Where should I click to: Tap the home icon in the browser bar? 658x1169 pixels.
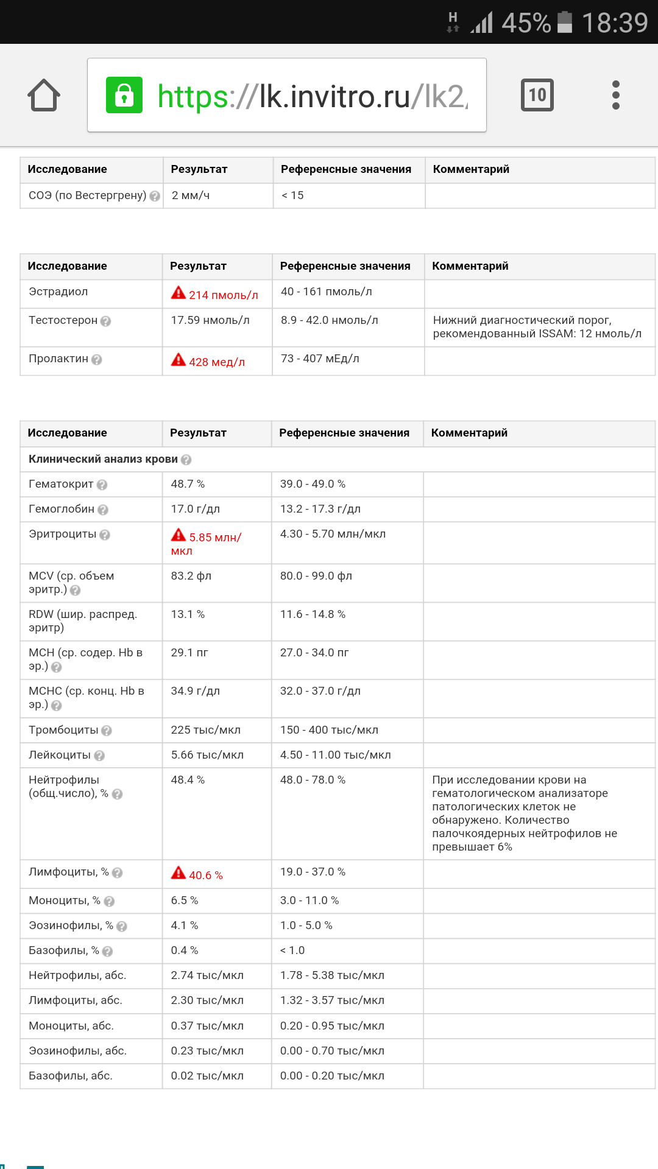(x=44, y=96)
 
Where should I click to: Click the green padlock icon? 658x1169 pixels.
(x=124, y=95)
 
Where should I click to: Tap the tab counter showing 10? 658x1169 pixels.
(x=537, y=95)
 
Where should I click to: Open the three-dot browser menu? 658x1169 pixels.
(x=615, y=95)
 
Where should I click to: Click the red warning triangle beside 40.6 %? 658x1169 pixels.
(x=179, y=873)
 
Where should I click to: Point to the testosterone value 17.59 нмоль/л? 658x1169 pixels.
(x=210, y=320)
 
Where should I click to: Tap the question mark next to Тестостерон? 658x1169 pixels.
(x=106, y=321)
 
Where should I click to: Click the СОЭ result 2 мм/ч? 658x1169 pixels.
(x=190, y=195)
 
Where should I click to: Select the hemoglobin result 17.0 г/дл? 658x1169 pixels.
(x=195, y=509)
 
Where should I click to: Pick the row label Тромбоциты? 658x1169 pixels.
(x=63, y=730)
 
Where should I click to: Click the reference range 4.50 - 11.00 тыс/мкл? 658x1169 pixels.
(x=335, y=755)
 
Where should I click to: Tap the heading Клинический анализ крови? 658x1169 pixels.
(x=103, y=459)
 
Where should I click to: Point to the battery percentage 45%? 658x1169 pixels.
(x=526, y=23)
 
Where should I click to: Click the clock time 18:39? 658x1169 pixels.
(x=614, y=23)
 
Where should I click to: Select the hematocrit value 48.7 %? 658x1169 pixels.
(x=188, y=484)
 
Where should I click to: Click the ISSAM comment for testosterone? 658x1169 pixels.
(x=537, y=327)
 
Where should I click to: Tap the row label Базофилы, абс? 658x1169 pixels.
(x=71, y=1076)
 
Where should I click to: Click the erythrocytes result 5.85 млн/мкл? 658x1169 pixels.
(x=207, y=543)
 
